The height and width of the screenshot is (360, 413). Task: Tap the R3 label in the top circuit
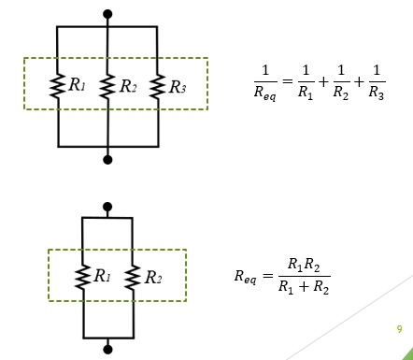coord(177,87)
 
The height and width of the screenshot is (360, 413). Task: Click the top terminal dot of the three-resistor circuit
coord(108,15)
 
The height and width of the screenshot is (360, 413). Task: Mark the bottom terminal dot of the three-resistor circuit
coord(108,160)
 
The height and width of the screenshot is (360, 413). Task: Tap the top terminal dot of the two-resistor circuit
coord(107,206)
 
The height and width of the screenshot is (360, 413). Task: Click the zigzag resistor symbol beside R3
coord(157,86)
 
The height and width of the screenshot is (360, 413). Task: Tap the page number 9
coord(399,329)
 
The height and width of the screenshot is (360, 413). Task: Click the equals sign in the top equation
coord(291,83)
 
